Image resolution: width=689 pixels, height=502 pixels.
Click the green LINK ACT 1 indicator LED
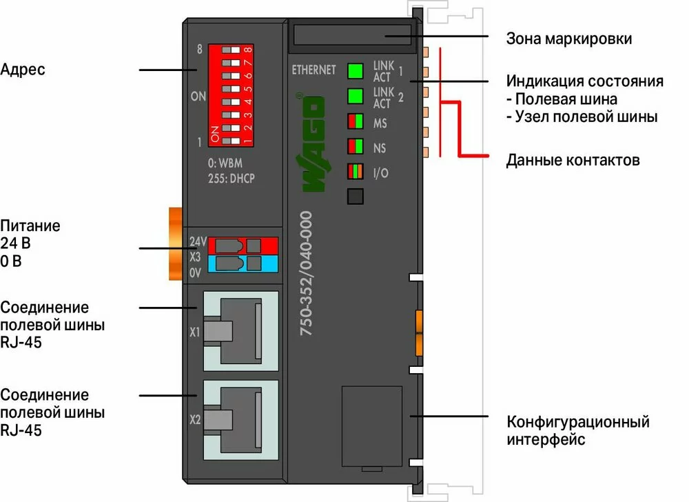click(356, 70)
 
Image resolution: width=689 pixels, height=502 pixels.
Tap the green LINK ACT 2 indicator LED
click(356, 96)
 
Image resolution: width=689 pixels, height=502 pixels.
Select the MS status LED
click(356, 121)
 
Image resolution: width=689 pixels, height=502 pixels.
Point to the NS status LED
click(356, 146)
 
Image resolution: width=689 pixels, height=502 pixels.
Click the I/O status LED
click(356, 171)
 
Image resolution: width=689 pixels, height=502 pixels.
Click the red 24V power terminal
click(243, 245)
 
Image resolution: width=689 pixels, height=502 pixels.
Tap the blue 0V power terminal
click(243, 263)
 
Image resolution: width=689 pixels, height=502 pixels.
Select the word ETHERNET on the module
click(313, 70)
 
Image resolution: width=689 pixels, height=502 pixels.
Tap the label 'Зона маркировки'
click(568, 39)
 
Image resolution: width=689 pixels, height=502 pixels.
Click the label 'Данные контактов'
click(573, 161)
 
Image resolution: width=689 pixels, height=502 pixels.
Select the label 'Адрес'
click(23, 70)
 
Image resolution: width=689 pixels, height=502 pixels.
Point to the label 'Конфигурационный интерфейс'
click(577, 430)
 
